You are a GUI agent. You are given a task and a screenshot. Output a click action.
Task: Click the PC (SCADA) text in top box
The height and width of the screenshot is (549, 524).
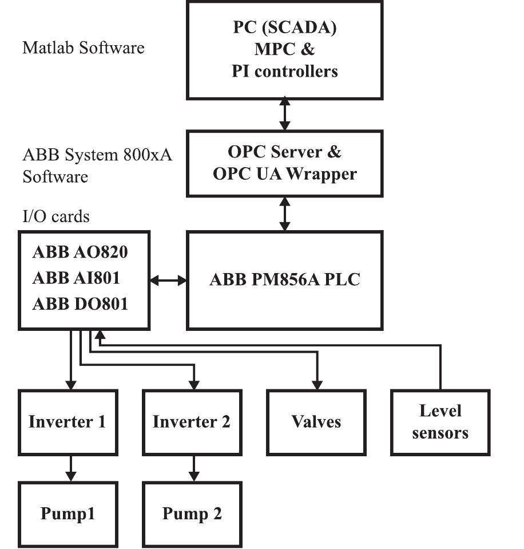[x=284, y=29]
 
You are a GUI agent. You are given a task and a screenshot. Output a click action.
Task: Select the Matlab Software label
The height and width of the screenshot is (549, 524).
[x=84, y=47]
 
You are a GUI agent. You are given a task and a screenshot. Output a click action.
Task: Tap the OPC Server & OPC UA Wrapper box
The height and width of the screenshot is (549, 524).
[x=284, y=163]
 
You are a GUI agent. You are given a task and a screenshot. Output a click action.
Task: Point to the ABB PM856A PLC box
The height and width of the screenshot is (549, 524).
[x=284, y=280]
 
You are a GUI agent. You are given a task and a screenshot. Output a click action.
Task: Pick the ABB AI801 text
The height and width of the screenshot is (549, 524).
[x=76, y=278]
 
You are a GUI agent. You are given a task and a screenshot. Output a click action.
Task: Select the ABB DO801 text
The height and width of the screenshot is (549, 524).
[x=80, y=303]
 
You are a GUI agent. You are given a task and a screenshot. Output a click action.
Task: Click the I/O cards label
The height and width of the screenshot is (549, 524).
[x=56, y=216]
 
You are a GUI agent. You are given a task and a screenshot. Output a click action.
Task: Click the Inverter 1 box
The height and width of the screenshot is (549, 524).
[x=68, y=422]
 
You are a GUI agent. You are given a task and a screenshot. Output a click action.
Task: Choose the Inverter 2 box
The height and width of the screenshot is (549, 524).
[x=192, y=422]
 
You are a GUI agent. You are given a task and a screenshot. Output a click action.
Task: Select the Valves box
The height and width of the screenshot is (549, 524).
[x=316, y=422]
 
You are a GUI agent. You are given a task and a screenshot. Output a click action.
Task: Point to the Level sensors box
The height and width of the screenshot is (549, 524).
[x=440, y=422]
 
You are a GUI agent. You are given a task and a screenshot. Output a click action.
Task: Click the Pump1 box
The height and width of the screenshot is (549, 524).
[x=68, y=514]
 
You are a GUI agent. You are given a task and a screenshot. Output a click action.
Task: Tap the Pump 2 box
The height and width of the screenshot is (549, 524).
[x=192, y=514]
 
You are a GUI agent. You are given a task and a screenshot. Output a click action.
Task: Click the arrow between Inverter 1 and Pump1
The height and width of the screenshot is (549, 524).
[x=70, y=468]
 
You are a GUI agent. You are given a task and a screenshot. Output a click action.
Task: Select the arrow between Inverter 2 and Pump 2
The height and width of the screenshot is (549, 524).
[x=194, y=468]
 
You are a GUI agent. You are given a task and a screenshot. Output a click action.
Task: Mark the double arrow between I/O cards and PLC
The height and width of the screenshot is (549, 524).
[x=168, y=281]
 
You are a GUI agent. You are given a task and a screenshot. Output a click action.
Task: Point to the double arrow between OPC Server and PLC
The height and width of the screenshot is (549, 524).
[x=284, y=214]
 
